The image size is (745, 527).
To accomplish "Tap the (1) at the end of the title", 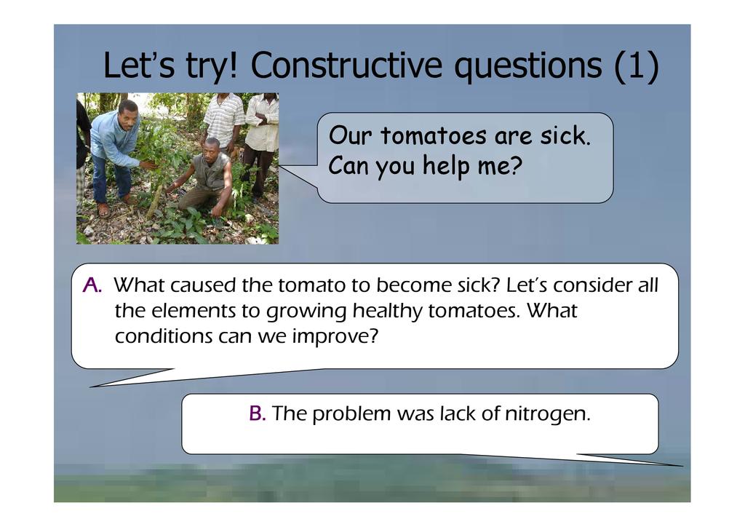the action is click(636, 66).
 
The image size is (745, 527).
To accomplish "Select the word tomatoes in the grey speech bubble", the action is click(434, 135).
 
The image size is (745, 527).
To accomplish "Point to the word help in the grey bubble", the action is click(446, 166).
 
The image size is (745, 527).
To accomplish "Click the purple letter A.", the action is click(92, 285).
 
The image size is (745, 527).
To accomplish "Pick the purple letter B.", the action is click(257, 413).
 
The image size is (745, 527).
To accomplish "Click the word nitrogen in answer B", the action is click(548, 414).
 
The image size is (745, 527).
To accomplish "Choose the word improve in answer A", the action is click(335, 337).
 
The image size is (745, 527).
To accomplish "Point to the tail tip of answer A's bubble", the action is click(91, 387).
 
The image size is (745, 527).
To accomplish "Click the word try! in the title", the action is click(210, 66).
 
